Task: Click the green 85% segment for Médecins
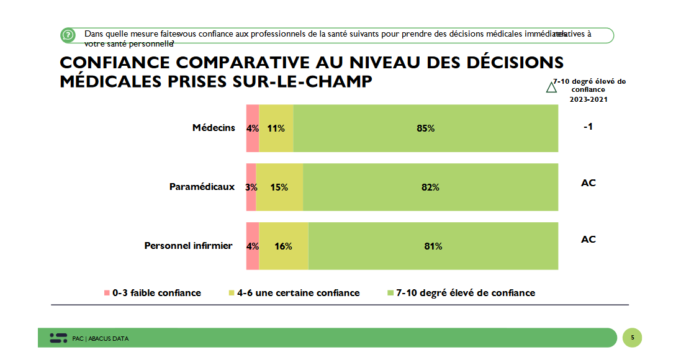pyautogui.click(x=426, y=128)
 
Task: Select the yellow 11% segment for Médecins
pyautogui.click(x=276, y=128)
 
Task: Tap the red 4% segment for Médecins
pyautogui.click(x=252, y=128)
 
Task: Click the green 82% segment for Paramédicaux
pyautogui.click(x=430, y=187)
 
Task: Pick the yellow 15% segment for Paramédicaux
pyautogui.click(x=279, y=187)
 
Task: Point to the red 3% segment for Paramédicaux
pyautogui.click(x=251, y=187)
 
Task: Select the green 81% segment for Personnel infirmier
pyautogui.click(x=433, y=246)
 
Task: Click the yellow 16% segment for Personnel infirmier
pyautogui.click(x=283, y=246)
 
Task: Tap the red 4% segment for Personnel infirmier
pyautogui.click(x=252, y=246)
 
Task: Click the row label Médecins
pyautogui.click(x=214, y=128)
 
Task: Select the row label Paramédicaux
pyautogui.click(x=202, y=186)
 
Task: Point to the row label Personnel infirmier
pyautogui.click(x=188, y=246)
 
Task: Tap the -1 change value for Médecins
pyautogui.click(x=588, y=127)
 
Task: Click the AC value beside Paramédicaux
pyautogui.click(x=588, y=183)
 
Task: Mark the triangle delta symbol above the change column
pyautogui.click(x=551, y=88)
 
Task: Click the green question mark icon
pyautogui.click(x=68, y=35)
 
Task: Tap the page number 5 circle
pyautogui.click(x=632, y=338)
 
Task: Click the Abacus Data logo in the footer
pyautogui.click(x=58, y=338)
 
